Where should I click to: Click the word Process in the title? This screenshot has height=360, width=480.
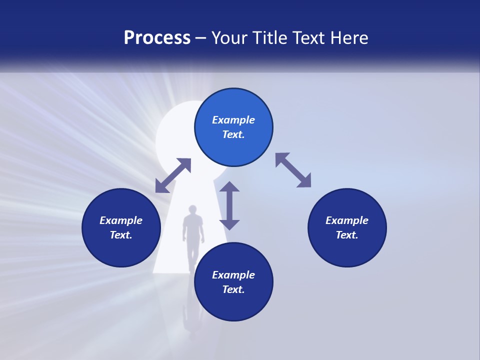157,38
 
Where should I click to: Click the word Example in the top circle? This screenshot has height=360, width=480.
233,120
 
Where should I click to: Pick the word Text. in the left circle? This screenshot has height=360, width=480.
121,235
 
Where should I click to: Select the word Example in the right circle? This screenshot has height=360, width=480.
347,220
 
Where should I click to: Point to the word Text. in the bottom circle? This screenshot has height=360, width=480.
233,289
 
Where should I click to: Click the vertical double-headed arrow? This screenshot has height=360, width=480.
229,205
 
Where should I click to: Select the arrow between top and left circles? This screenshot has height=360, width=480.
173,175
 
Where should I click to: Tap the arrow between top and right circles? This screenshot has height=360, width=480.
293,170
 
